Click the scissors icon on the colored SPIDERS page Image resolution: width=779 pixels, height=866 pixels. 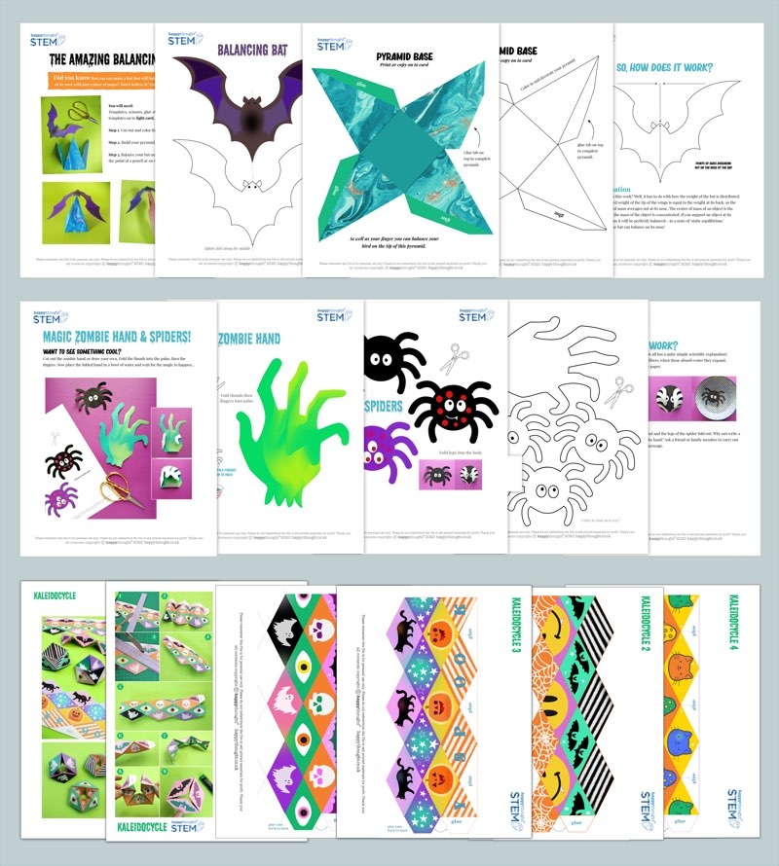point(454,359)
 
